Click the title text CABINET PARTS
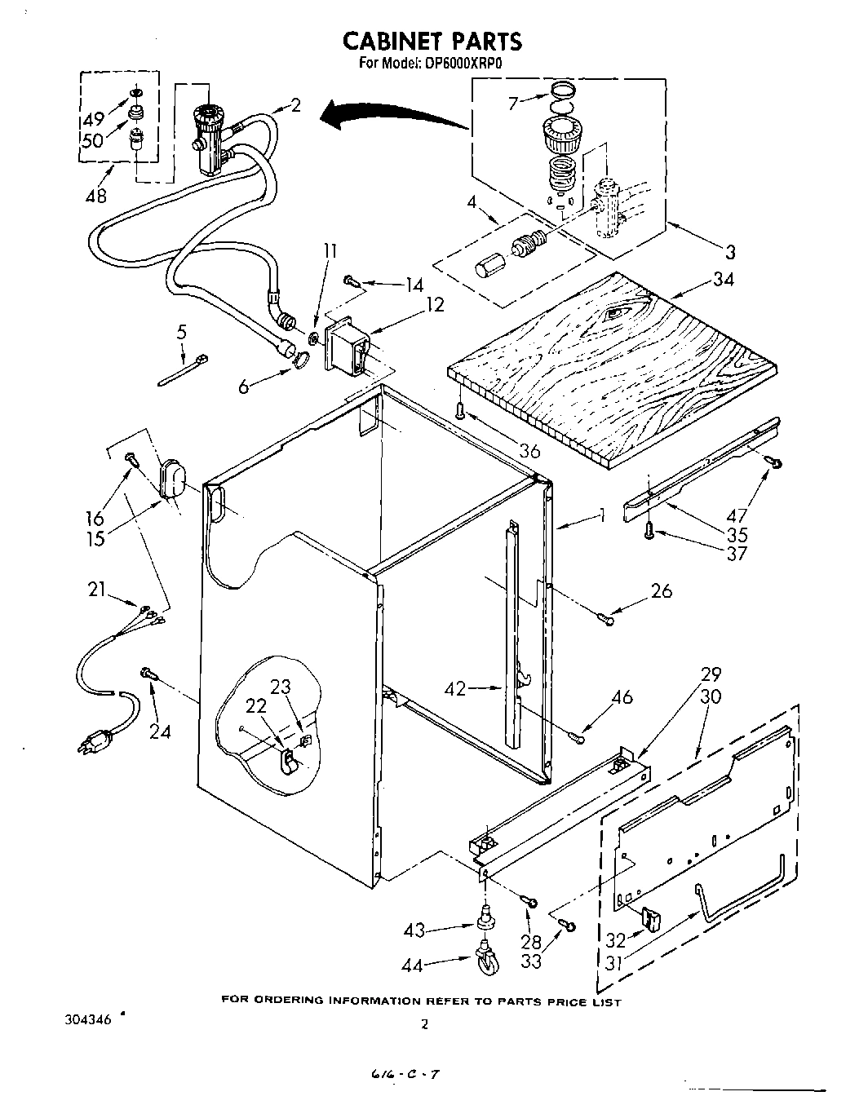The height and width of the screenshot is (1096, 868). [x=432, y=41]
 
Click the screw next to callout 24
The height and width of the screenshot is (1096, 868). [x=148, y=673]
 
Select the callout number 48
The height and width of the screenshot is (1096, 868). [x=96, y=197]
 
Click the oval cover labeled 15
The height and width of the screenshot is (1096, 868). [x=172, y=478]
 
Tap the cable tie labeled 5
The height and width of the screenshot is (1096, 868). [x=181, y=368]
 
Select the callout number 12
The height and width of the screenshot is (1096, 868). [x=435, y=304]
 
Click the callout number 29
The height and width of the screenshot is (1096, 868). [x=711, y=674]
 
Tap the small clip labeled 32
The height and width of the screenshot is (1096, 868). [x=650, y=918]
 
